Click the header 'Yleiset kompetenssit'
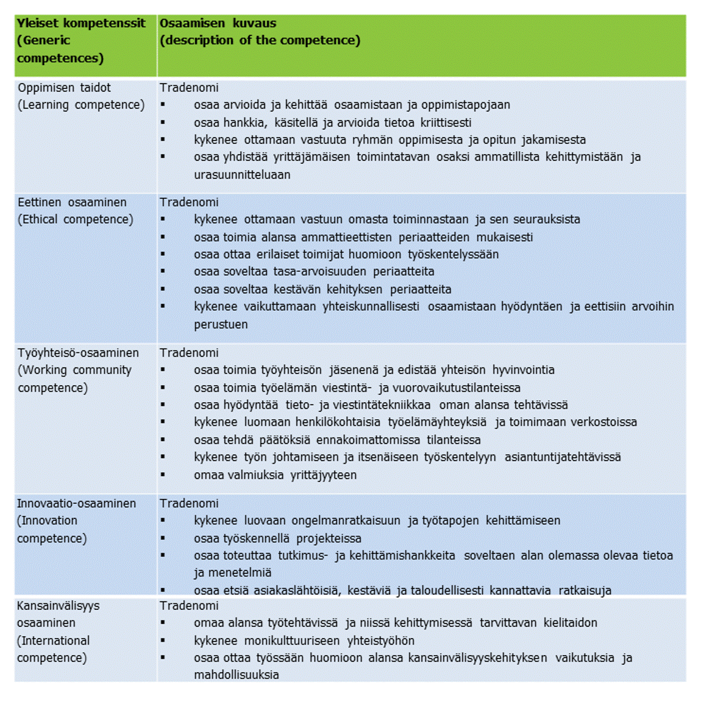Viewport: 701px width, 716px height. click(81, 23)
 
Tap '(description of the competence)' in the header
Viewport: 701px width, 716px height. click(260, 40)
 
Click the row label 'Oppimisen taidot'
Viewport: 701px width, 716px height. click(64, 87)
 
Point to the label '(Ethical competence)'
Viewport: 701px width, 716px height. click(75, 219)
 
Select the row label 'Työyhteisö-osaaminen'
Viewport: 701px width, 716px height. click(78, 353)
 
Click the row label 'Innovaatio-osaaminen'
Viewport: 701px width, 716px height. click(76, 503)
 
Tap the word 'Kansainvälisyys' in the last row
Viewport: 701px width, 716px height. click(58, 606)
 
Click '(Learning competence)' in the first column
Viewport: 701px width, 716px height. click(81, 105)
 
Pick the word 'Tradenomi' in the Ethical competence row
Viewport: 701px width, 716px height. click(189, 202)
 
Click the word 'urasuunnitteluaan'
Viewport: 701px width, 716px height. click(242, 175)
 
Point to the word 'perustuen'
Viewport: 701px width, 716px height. click(221, 325)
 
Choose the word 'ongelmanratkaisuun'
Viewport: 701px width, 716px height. click(346, 521)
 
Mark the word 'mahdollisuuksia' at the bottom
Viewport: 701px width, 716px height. click(237, 675)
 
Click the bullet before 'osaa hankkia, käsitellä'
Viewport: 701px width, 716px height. click(163, 122)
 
